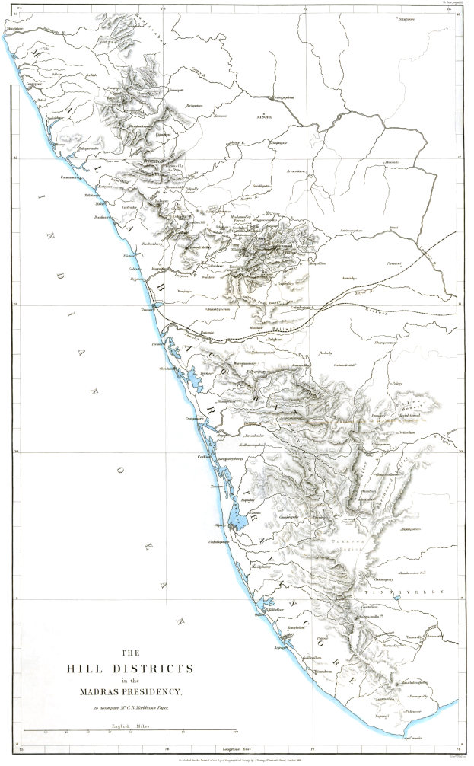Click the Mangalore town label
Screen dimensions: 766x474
click(x=16, y=28)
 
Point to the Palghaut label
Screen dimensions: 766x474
click(x=261, y=340)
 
